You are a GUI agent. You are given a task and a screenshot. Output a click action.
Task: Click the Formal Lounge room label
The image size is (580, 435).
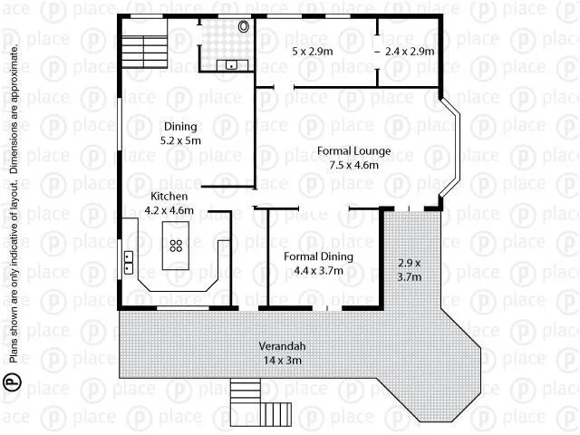[x=348, y=151]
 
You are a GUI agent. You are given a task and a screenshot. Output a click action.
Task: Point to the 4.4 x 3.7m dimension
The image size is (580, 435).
[x=318, y=269]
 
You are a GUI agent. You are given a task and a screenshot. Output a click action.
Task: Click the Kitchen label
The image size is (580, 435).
[x=169, y=196]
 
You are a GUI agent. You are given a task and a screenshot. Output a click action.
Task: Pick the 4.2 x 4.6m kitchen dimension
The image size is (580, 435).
[x=170, y=210]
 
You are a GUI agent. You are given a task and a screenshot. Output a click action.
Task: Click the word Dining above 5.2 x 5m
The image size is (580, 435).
[x=179, y=127]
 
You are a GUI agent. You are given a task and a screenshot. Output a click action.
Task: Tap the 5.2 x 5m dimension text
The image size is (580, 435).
[x=180, y=141]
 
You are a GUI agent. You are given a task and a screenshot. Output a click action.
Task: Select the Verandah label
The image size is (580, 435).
[x=283, y=347]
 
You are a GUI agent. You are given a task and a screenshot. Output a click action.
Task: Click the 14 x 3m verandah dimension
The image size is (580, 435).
[x=283, y=360]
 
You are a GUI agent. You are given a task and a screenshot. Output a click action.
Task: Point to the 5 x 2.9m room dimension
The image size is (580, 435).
[x=313, y=52]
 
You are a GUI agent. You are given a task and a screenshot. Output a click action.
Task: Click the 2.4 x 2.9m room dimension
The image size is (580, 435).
[x=410, y=52]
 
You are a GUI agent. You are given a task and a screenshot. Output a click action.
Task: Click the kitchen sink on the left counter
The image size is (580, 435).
[x=129, y=262]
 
